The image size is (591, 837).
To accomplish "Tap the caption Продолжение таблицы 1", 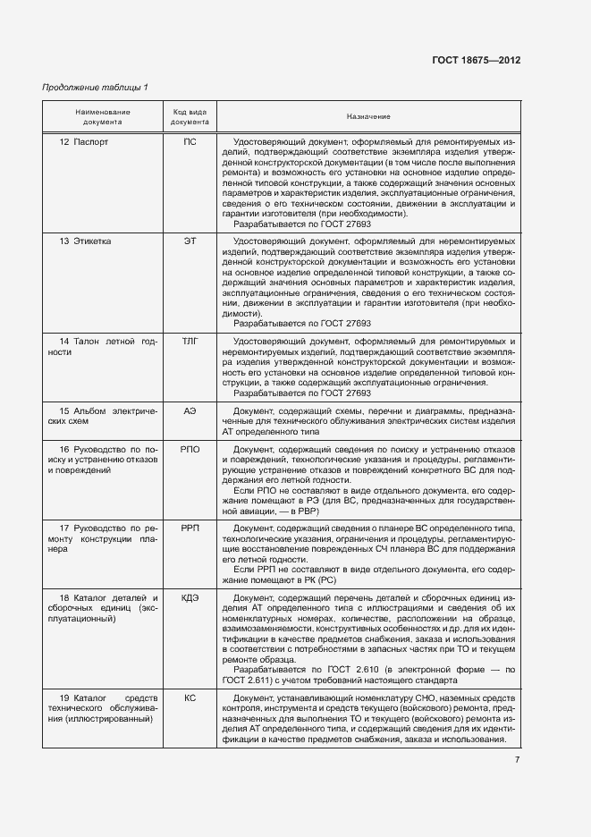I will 95,87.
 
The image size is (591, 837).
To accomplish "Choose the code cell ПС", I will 190,142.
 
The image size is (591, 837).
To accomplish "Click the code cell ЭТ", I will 190,241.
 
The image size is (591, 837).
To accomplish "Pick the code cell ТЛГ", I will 190,342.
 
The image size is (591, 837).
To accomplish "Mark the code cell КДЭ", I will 190,597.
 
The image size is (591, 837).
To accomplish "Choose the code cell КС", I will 190,697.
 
